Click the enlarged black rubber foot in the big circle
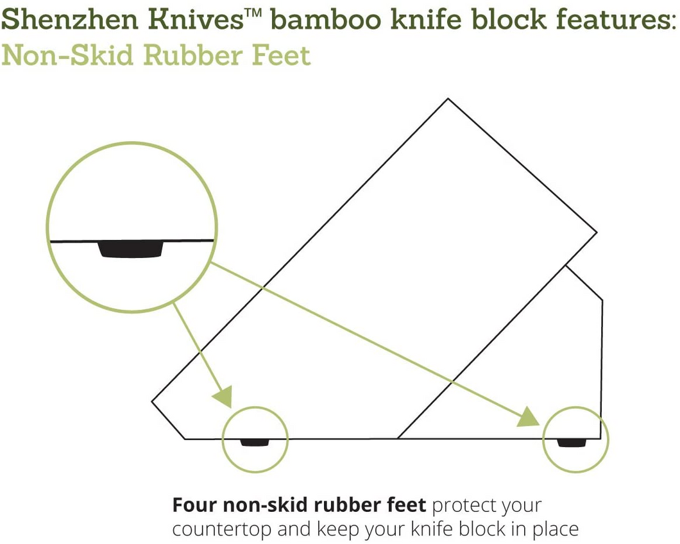130,249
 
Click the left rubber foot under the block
255,443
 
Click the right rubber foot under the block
572,443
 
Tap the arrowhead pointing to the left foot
223,396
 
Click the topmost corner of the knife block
448,99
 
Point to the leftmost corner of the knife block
152,402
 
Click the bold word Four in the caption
195,506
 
